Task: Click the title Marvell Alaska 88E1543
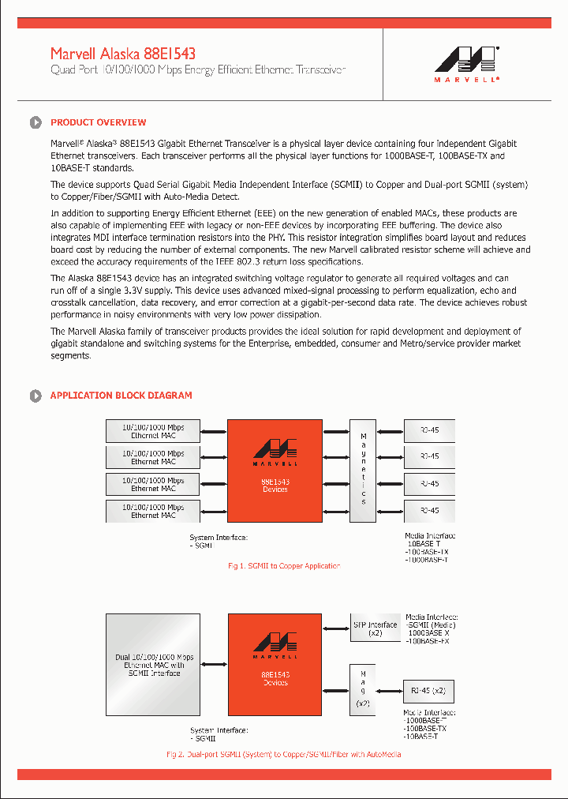coord(123,54)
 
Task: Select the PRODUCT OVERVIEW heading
coord(98,122)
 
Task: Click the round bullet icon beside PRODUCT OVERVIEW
coord(35,122)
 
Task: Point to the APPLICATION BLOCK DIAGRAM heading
coord(121,396)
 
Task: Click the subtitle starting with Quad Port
coord(198,70)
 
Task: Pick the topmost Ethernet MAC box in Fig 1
coord(153,431)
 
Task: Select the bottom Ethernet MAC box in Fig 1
coord(153,511)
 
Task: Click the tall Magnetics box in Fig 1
coord(363,471)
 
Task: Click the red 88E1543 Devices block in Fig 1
coord(275,471)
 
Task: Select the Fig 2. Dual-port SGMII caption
coord(283,755)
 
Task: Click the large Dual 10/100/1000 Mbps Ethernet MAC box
coord(153,665)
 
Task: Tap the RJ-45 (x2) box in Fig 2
coord(428,691)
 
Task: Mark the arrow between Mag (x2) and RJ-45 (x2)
coord(390,691)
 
